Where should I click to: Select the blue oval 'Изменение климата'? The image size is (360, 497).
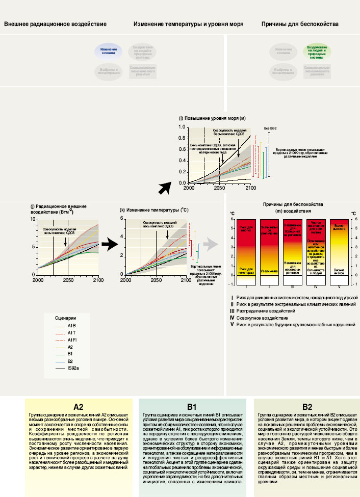click(109, 51)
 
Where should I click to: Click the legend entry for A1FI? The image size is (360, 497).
click(72, 340)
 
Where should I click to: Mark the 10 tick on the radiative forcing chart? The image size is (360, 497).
click(33, 220)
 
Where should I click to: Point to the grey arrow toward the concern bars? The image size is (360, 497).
click(211, 245)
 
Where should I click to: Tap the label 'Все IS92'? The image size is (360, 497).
click(270, 128)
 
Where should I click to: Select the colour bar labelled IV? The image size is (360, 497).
click(316, 251)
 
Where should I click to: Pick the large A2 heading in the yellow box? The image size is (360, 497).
click(78, 407)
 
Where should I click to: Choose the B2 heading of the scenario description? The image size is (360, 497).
click(307, 407)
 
